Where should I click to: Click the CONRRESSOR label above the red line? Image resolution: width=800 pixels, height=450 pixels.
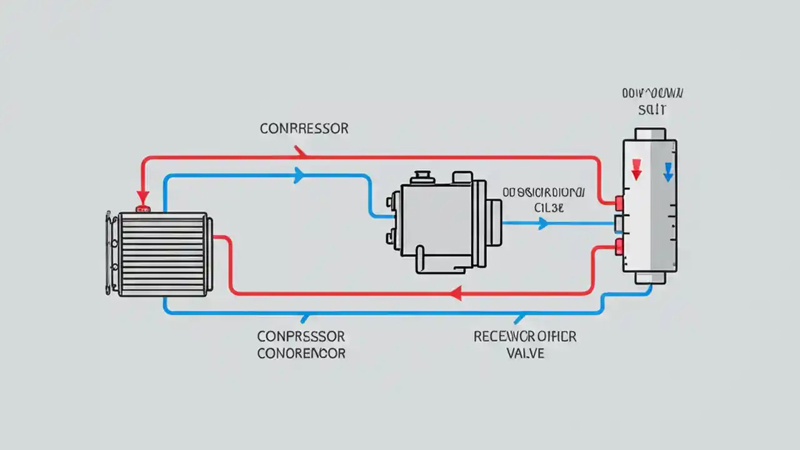pos(304,129)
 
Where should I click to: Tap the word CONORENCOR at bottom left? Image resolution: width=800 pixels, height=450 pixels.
pos(301,353)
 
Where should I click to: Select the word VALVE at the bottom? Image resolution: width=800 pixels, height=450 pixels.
pos(524,353)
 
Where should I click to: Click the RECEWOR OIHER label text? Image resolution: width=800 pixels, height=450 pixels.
pos(524,337)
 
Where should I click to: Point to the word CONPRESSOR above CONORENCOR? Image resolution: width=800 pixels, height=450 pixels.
pos(301,337)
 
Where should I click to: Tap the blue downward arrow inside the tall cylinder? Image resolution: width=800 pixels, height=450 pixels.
pos(667,171)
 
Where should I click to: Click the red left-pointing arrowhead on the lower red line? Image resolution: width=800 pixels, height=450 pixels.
pos(456,292)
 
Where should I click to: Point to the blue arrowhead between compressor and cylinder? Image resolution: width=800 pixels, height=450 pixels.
pos(542,223)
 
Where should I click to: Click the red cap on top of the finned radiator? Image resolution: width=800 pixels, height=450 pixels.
pos(143,208)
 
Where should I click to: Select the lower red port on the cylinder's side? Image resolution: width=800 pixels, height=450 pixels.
pos(619,246)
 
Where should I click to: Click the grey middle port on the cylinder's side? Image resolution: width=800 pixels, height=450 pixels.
pos(618,223)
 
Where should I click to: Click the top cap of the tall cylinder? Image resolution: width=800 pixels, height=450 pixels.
pos(650,134)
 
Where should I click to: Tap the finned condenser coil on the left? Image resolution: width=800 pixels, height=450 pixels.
pos(161,254)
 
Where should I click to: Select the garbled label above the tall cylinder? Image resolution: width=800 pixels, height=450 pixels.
pos(653,101)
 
